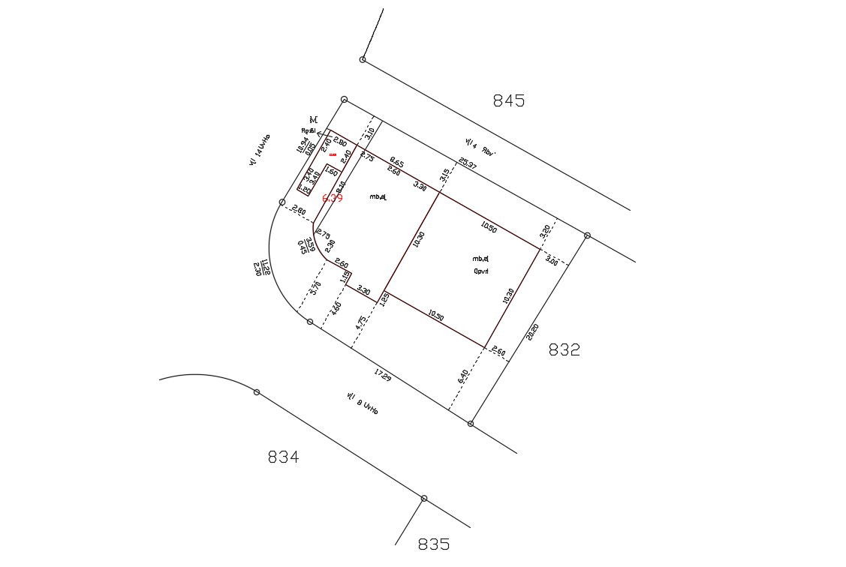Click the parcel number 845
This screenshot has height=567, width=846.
pyautogui.click(x=508, y=101)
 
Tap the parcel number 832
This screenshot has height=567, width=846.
pyautogui.click(x=564, y=349)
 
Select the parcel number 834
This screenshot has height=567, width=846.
pyautogui.click(x=283, y=457)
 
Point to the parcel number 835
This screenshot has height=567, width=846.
pyautogui.click(x=434, y=544)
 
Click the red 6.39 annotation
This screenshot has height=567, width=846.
pyautogui.click(x=333, y=198)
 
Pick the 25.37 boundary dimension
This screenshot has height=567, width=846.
pyautogui.click(x=468, y=163)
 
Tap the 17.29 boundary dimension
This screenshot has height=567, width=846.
pyautogui.click(x=382, y=375)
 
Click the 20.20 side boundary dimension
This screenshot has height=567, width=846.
pyautogui.click(x=533, y=332)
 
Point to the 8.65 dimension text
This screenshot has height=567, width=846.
pyautogui.click(x=396, y=163)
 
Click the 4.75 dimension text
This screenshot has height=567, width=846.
pyautogui.click(x=361, y=325)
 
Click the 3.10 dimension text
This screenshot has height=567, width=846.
pyautogui.click(x=369, y=134)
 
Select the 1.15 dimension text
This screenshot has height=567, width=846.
pyautogui.click(x=345, y=277)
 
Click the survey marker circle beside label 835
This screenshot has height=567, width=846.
pyautogui.click(x=424, y=498)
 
